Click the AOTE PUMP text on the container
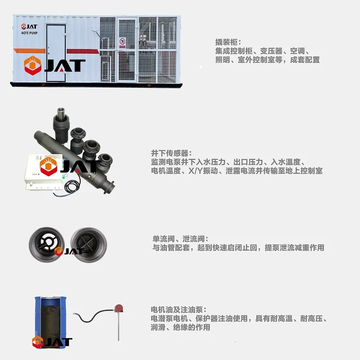pyautogui.click(x=29, y=33)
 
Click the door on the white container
pyautogui.click(x=56, y=53)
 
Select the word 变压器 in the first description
pyautogui.click(x=271, y=51)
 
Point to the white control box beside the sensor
pyautogui.click(x=44, y=172)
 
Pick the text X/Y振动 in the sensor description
pyautogui.click(x=203, y=171)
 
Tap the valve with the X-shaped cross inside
pyautogui.click(x=89, y=245)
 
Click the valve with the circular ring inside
pyautogui.click(x=47, y=244)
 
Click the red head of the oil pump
pyautogui.click(x=119, y=308)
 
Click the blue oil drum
pyautogui.click(x=50, y=321)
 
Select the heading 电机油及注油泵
pyautogui.click(x=177, y=310)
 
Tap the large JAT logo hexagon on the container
pyautogui.click(x=33, y=66)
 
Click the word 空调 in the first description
pyautogui.click(x=297, y=51)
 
